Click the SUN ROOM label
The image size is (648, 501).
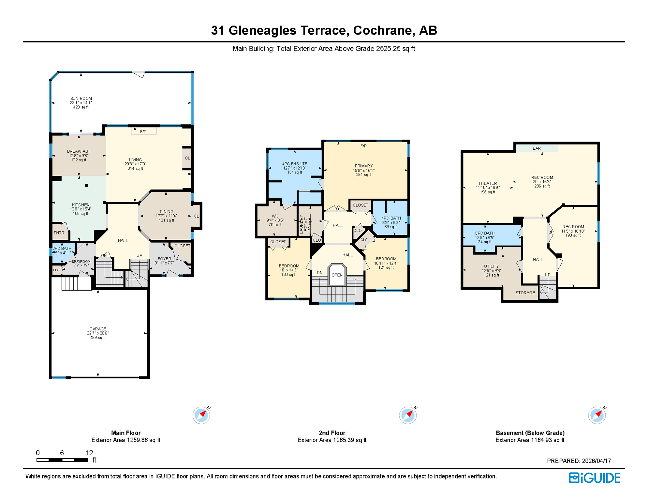coord(81,99)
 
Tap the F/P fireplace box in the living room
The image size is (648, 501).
coord(144,131)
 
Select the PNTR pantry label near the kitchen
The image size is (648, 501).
coord(59,233)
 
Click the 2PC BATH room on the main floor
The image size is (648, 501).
coord(62,250)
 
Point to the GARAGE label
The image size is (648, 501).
coord(98,329)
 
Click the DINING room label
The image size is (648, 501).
coord(167,212)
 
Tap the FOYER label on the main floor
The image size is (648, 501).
coord(164,259)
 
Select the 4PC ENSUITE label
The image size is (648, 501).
coord(295,164)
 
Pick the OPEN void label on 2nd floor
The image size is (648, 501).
coord(337,275)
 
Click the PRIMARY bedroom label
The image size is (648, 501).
coord(363,166)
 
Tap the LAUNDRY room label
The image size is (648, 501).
coord(301,224)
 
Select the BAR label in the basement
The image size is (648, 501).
coord(537,148)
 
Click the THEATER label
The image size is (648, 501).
coord(487,183)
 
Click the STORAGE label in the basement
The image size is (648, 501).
coord(525,293)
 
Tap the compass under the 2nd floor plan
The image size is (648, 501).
coord(407,415)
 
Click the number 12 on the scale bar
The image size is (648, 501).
coord(89,453)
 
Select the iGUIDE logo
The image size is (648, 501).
coord(595,478)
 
